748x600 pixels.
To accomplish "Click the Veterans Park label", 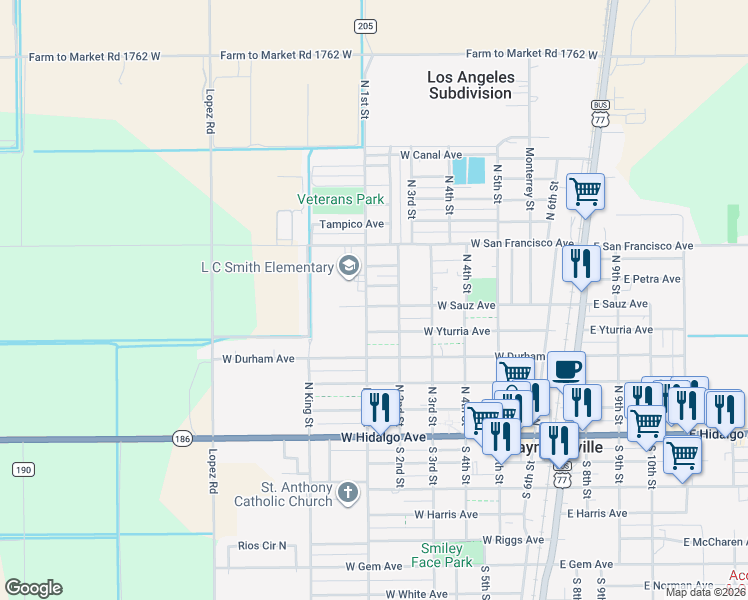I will (x=341, y=199).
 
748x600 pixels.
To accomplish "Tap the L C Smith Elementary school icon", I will (x=349, y=266).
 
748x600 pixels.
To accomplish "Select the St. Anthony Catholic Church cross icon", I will (x=347, y=492).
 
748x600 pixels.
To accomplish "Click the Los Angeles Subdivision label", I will (x=470, y=85).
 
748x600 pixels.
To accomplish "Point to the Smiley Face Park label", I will (x=441, y=555).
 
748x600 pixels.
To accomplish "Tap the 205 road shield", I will (x=365, y=25).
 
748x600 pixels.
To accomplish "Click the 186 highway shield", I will (x=181, y=438).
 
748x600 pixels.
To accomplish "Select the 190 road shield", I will (x=23, y=469).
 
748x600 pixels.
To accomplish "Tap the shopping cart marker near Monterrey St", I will (x=585, y=190).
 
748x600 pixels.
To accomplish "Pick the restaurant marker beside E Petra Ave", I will (x=580, y=264).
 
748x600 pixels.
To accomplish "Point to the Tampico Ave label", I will (x=352, y=225).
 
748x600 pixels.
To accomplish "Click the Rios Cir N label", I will (x=262, y=546).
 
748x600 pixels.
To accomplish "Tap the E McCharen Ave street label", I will (x=715, y=542).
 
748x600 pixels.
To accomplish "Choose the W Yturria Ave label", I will (x=457, y=331).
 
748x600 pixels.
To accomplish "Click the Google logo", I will (x=34, y=588).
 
